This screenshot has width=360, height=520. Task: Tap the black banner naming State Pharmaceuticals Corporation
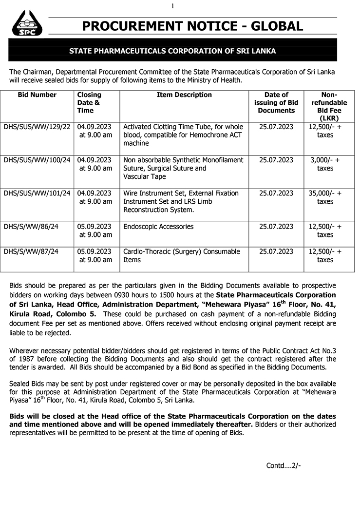pyautogui.click(x=172, y=51)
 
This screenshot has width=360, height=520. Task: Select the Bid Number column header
pyautogui.click(x=37, y=95)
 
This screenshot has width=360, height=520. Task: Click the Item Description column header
pyautogui.click(x=184, y=95)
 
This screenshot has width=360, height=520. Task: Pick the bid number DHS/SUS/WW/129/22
pyautogui.click(x=37, y=127)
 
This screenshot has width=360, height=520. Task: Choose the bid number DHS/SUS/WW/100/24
pyautogui.click(x=37, y=160)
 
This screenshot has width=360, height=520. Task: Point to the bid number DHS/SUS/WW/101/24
pyautogui.click(x=37, y=193)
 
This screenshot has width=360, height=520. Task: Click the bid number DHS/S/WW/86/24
pyautogui.click(x=31, y=227)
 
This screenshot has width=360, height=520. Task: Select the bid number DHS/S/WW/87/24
pyautogui.click(x=31, y=251)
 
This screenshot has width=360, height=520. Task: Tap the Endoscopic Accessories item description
pyautogui.click(x=158, y=227)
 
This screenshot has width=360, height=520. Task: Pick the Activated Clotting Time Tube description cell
pyautogui.click(x=183, y=135)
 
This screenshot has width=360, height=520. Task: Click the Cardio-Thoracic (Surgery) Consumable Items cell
pyautogui.click(x=182, y=255)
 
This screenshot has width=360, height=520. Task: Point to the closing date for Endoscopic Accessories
pyautogui.click(x=95, y=231)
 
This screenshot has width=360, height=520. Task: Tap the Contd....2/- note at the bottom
pyautogui.click(x=284, y=465)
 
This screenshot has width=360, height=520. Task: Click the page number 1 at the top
pyautogui.click(x=172, y=6)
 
